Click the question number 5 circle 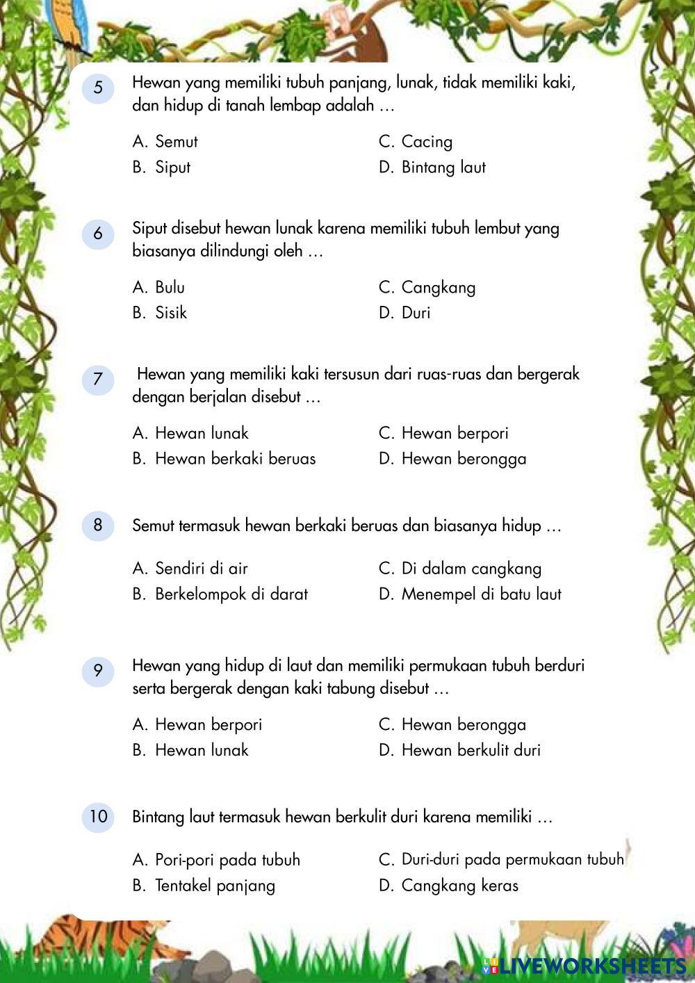98,88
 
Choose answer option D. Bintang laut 432,168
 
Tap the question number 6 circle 98,234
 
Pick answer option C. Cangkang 427,288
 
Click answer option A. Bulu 159,288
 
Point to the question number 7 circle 98,380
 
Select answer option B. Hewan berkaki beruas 224,459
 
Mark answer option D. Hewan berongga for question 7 452,459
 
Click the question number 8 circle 98,525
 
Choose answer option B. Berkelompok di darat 220,594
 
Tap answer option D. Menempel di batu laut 470,594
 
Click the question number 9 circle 98,671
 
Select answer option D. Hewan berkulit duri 459,750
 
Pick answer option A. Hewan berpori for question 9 197,725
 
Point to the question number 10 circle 98,816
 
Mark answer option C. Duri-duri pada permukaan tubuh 501,860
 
